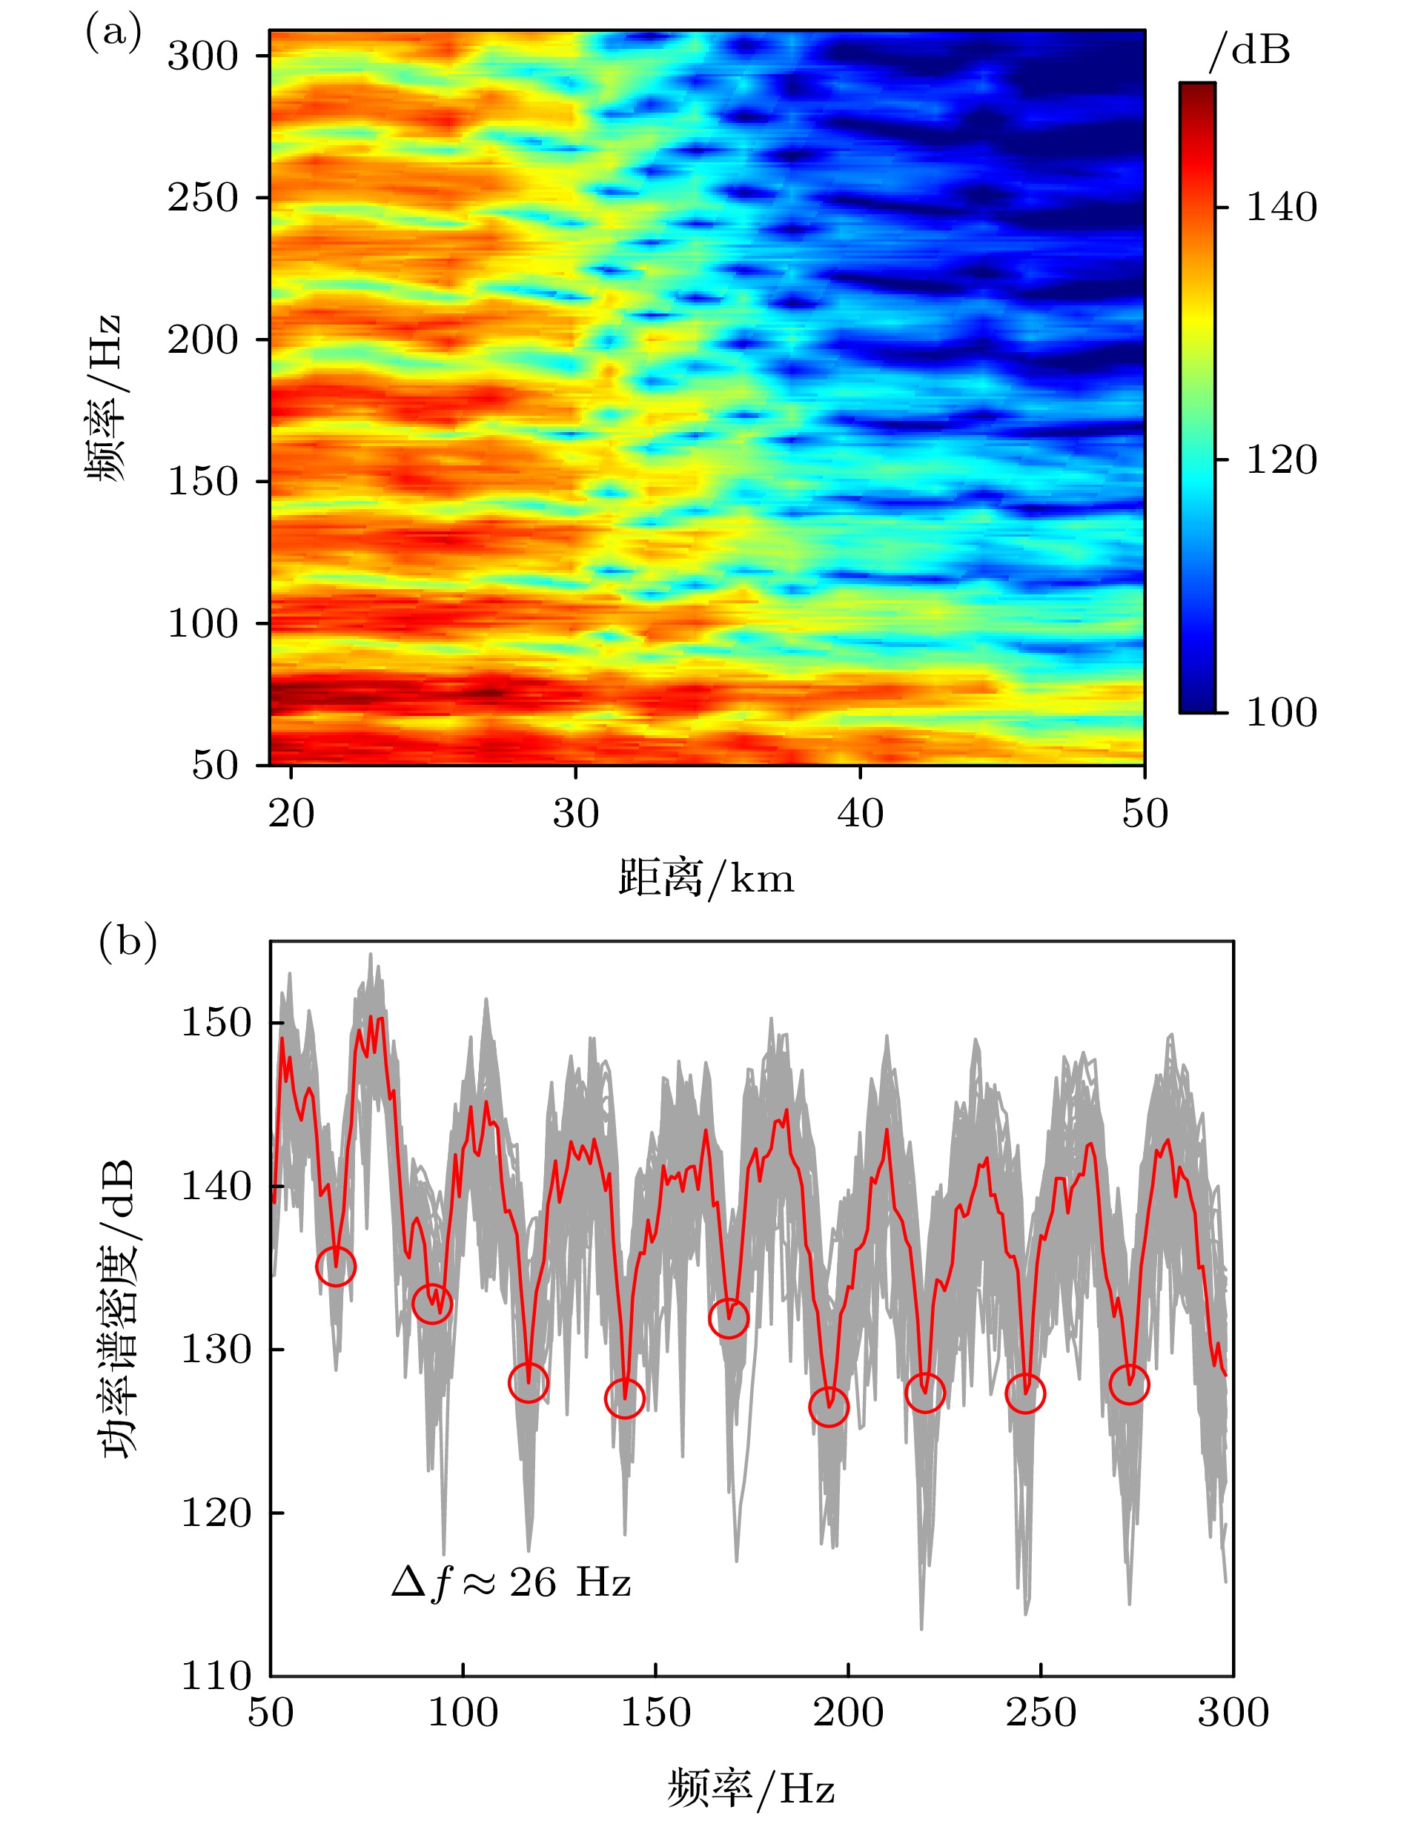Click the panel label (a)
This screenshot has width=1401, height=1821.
click(x=113, y=33)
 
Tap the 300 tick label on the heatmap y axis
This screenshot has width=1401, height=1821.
click(x=202, y=56)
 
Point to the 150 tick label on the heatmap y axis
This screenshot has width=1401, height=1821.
click(x=202, y=482)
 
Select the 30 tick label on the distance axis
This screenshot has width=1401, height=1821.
click(x=575, y=813)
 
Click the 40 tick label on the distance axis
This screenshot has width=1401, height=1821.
click(x=860, y=813)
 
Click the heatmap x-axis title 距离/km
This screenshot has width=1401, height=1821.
click(x=706, y=879)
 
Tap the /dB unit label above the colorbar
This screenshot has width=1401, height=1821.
click(x=1249, y=51)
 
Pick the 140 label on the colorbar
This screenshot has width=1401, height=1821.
click(x=1281, y=207)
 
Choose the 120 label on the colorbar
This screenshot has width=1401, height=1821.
click(x=1281, y=460)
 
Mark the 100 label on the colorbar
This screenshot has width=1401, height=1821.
click(x=1281, y=713)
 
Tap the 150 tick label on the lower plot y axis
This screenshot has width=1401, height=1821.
click(x=216, y=1023)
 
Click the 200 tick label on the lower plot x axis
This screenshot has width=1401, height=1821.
click(x=848, y=1714)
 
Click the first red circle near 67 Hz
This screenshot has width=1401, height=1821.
click(x=336, y=1267)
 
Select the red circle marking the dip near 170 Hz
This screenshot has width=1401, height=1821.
click(x=729, y=1319)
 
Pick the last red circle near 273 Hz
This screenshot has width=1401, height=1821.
click(x=1129, y=1384)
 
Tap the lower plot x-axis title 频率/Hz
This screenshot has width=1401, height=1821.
click(x=750, y=1789)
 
